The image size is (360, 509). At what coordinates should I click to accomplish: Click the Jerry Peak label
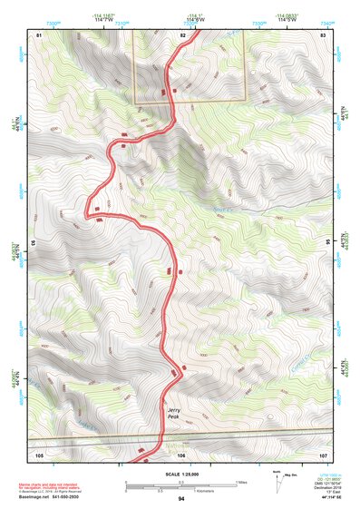175,414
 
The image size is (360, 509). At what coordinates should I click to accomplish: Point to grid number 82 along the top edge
182,34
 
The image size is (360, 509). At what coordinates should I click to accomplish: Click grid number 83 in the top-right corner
323,34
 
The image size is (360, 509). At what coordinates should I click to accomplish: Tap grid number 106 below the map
181,455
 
